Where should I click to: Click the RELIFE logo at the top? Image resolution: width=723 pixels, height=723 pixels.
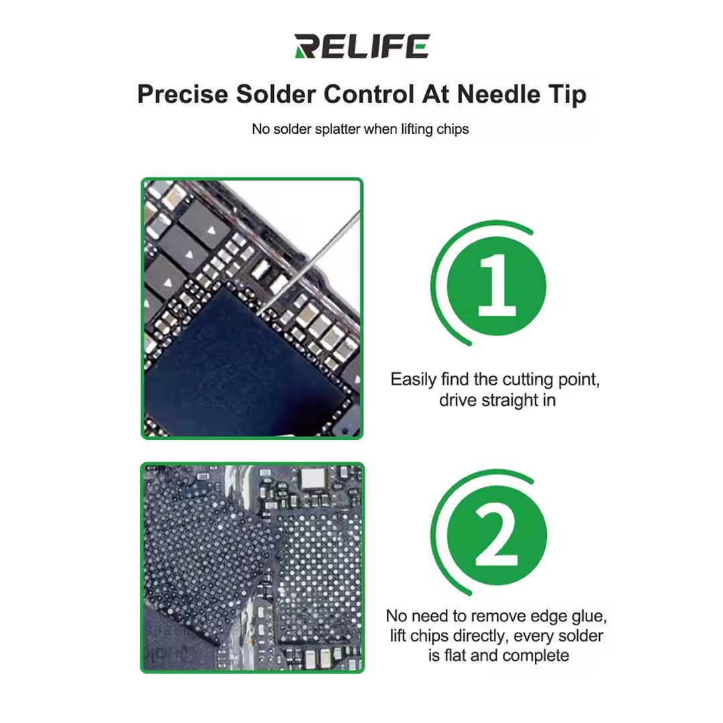tap(361, 48)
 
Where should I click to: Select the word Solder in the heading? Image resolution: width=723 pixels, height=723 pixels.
tap(276, 94)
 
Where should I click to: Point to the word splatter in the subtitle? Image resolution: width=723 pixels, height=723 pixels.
tap(333, 129)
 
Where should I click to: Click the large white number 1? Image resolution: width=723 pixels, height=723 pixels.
tap(496, 285)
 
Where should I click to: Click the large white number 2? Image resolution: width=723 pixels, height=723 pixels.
tap(496, 536)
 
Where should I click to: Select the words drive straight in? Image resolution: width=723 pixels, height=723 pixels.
tap(496, 400)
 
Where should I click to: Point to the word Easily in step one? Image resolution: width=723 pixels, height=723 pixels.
tap(413, 380)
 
